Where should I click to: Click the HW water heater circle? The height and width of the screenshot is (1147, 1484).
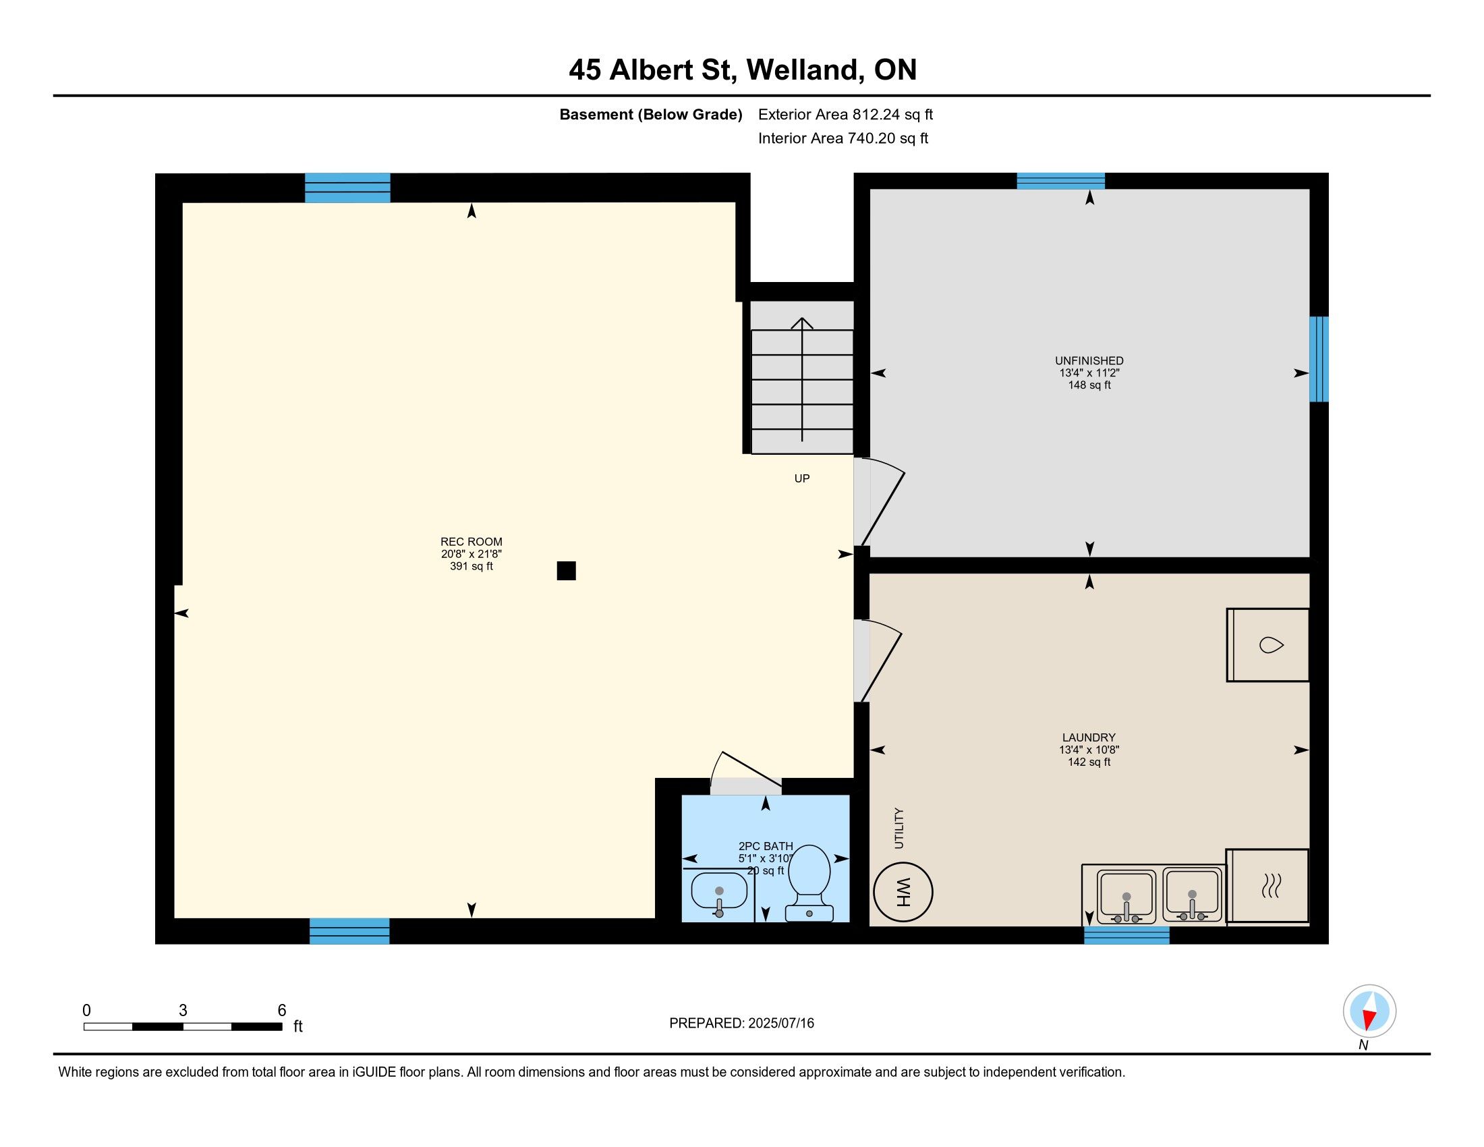(903, 891)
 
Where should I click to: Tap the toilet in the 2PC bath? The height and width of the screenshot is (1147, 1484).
(809, 883)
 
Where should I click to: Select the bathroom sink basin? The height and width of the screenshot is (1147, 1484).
(719, 891)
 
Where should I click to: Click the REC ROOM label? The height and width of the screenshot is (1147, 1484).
(472, 542)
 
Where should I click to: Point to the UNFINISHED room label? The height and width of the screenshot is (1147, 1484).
(1089, 361)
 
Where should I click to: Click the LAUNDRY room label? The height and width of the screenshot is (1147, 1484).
(1089, 737)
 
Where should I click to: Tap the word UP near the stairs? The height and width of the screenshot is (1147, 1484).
(802, 478)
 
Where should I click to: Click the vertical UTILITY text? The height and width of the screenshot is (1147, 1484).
(900, 828)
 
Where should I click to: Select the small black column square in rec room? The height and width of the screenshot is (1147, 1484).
(566, 571)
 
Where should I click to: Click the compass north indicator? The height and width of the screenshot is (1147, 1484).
(1369, 1011)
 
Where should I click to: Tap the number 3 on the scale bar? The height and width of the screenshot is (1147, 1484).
(183, 1011)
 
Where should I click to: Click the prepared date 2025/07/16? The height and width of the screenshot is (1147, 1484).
(780, 1024)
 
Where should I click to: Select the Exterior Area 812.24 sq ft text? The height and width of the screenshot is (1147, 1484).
(845, 114)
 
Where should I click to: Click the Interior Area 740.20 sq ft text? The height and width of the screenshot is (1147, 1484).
(843, 138)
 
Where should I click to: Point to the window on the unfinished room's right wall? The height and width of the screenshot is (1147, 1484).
(1319, 359)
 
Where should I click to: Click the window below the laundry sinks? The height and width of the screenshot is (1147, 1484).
(1126, 935)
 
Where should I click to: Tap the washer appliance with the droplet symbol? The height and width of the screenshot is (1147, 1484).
(1268, 645)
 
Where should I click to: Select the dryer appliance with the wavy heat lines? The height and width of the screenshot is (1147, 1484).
(1268, 886)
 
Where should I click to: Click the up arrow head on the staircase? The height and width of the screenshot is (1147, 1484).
(802, 323)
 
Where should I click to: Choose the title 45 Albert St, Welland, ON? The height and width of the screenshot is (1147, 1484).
(743, 69)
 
